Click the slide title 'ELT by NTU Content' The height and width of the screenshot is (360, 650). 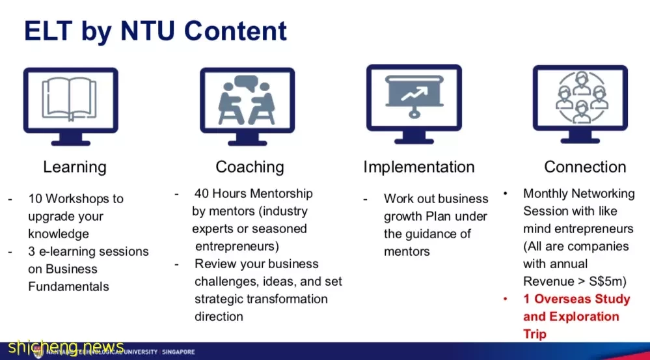(x=156, y=31)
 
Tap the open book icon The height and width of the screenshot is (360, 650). (x=70, y=99)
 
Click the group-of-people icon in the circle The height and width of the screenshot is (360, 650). (x=580, y=98)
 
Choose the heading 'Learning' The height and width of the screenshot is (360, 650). (x=75, y=167)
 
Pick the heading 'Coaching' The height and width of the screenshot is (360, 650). (x=250, y=167)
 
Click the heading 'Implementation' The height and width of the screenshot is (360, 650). (x=418, y=167)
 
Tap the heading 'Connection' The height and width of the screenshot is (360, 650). (x=585, y=167)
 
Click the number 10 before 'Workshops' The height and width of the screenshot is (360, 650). (x=35, y=199)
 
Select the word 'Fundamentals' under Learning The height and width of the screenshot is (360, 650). (x=68, y=286)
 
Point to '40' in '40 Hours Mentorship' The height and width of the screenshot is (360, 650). (x=202, y=194)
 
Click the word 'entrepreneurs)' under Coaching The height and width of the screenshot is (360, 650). (x=237, y=246)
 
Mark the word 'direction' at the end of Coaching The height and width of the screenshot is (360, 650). (x=219, y=316)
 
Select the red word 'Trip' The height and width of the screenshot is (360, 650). (x=534, y=335)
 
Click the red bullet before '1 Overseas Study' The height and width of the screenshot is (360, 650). (x=506, y=299)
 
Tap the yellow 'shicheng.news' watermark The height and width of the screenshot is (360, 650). (x=66, y=346)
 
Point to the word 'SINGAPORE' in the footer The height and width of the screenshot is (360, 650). (x=178, y=352)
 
